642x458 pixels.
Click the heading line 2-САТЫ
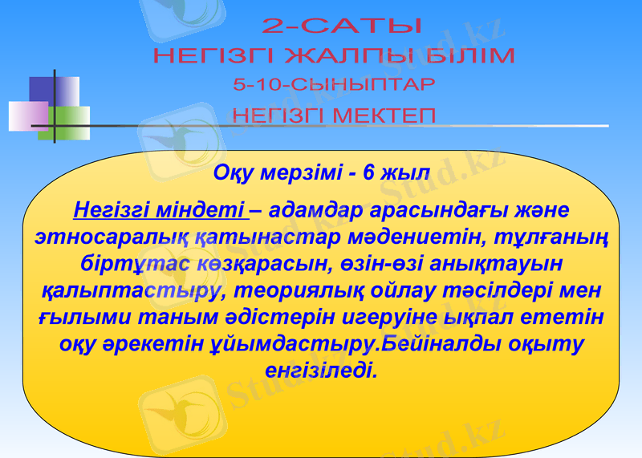[x=342, y=26]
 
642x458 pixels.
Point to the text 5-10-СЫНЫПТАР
[x=334, y=84]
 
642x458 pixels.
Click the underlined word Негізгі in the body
[x=115, y=211]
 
